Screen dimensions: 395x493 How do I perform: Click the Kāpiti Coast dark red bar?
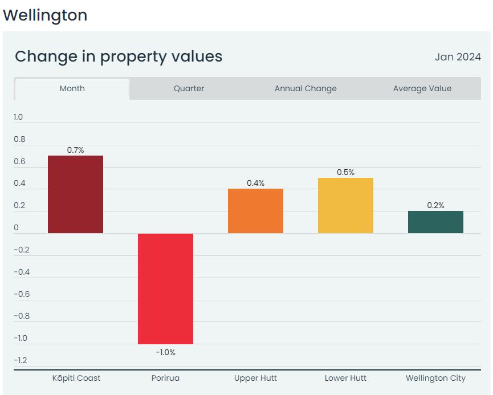coord(75,194)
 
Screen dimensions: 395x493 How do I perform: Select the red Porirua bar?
coord(165,288)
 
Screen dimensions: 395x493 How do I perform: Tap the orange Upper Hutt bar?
coord(255,211)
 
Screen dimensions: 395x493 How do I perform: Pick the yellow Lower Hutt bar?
coord(345,205)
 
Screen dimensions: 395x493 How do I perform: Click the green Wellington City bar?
coord(435,222)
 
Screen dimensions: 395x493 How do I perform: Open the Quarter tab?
coord(189,88)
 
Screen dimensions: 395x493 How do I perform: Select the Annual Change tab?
coord(305,88)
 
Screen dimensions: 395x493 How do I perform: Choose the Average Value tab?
coord(422,88)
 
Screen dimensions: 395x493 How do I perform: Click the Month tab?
coord(72,88)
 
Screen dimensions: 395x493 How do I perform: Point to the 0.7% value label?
coord(75,150)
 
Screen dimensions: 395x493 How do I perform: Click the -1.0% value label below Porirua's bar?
coord(165,352)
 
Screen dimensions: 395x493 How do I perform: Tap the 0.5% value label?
coord(345,172)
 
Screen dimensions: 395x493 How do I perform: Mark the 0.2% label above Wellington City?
coord(435,205)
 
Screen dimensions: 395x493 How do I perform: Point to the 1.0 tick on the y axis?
coord(18,117)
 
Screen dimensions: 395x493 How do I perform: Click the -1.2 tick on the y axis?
coord(21,360)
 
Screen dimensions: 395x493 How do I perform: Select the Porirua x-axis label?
coord(165,378)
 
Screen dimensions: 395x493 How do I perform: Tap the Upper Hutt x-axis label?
coord(255,378)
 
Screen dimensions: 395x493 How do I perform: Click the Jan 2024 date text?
coord(458,57)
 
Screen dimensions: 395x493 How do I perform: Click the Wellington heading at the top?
coord(45,15)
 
